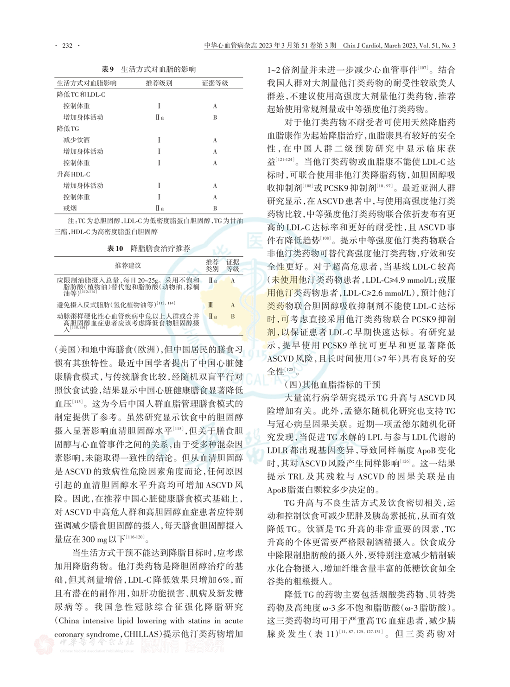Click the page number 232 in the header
click(x=67, y=45)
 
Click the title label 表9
click(x=108, y=70)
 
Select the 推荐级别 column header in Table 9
click(x=159, y=83)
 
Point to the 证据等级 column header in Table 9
click(x=215, y=83)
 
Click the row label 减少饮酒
click(x=76, y=140)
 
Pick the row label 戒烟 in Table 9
click(x=70, y=209)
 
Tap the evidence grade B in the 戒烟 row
click(x=215, y=209)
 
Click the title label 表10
click(x=115, y=248)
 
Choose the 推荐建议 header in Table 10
click(x=128, y=266)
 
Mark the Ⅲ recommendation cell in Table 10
click(x=211, y=305)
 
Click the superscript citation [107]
click(x=423, y=69)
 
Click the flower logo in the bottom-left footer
click(x=45, y=645)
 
